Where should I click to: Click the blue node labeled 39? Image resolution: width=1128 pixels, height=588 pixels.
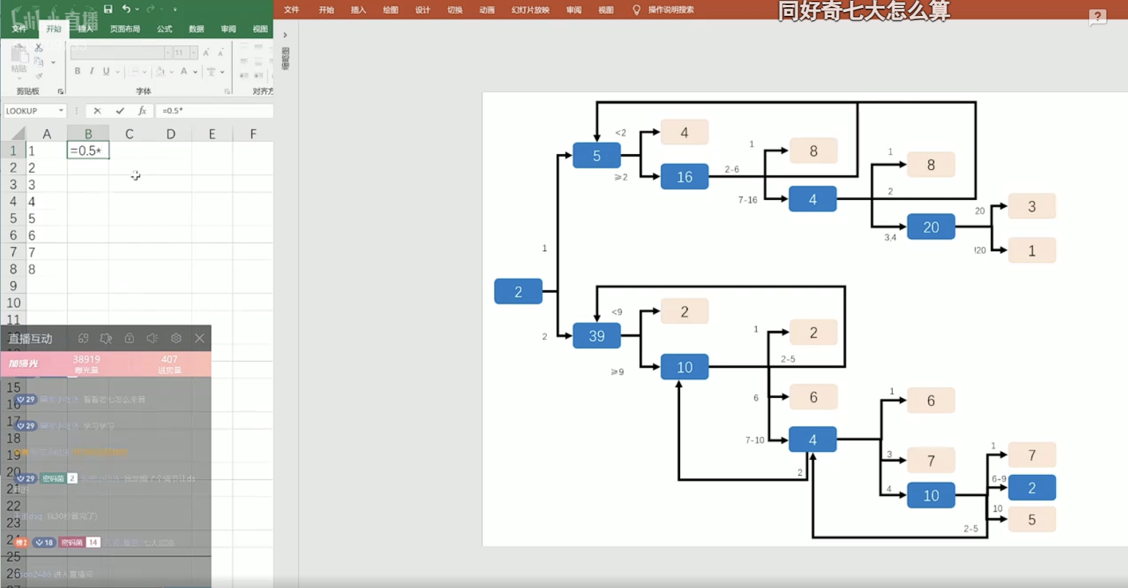596,336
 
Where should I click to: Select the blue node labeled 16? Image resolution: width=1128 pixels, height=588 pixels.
684,177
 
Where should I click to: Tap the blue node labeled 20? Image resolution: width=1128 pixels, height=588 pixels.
930,227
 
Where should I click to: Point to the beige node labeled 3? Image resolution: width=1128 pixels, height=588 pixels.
1032,207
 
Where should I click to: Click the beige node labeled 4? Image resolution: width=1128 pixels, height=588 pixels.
684,132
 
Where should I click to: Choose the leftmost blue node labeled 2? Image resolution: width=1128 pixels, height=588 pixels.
518,291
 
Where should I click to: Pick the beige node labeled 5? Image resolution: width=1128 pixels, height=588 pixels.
1032,520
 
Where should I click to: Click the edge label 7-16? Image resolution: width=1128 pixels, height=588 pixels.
747,200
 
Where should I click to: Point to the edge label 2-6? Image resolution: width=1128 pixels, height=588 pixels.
732,170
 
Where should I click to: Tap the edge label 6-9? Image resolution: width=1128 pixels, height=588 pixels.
999,479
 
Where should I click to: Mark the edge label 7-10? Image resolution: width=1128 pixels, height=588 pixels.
754,440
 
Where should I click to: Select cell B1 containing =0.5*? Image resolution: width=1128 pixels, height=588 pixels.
88,150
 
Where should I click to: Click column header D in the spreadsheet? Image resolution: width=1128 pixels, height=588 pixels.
170,134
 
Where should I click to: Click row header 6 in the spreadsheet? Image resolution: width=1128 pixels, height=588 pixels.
13,235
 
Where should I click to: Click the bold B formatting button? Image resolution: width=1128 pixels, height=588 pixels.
78,71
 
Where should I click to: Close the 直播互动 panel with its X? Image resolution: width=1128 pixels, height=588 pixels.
199,338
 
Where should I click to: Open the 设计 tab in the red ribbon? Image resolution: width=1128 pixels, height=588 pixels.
422,10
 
